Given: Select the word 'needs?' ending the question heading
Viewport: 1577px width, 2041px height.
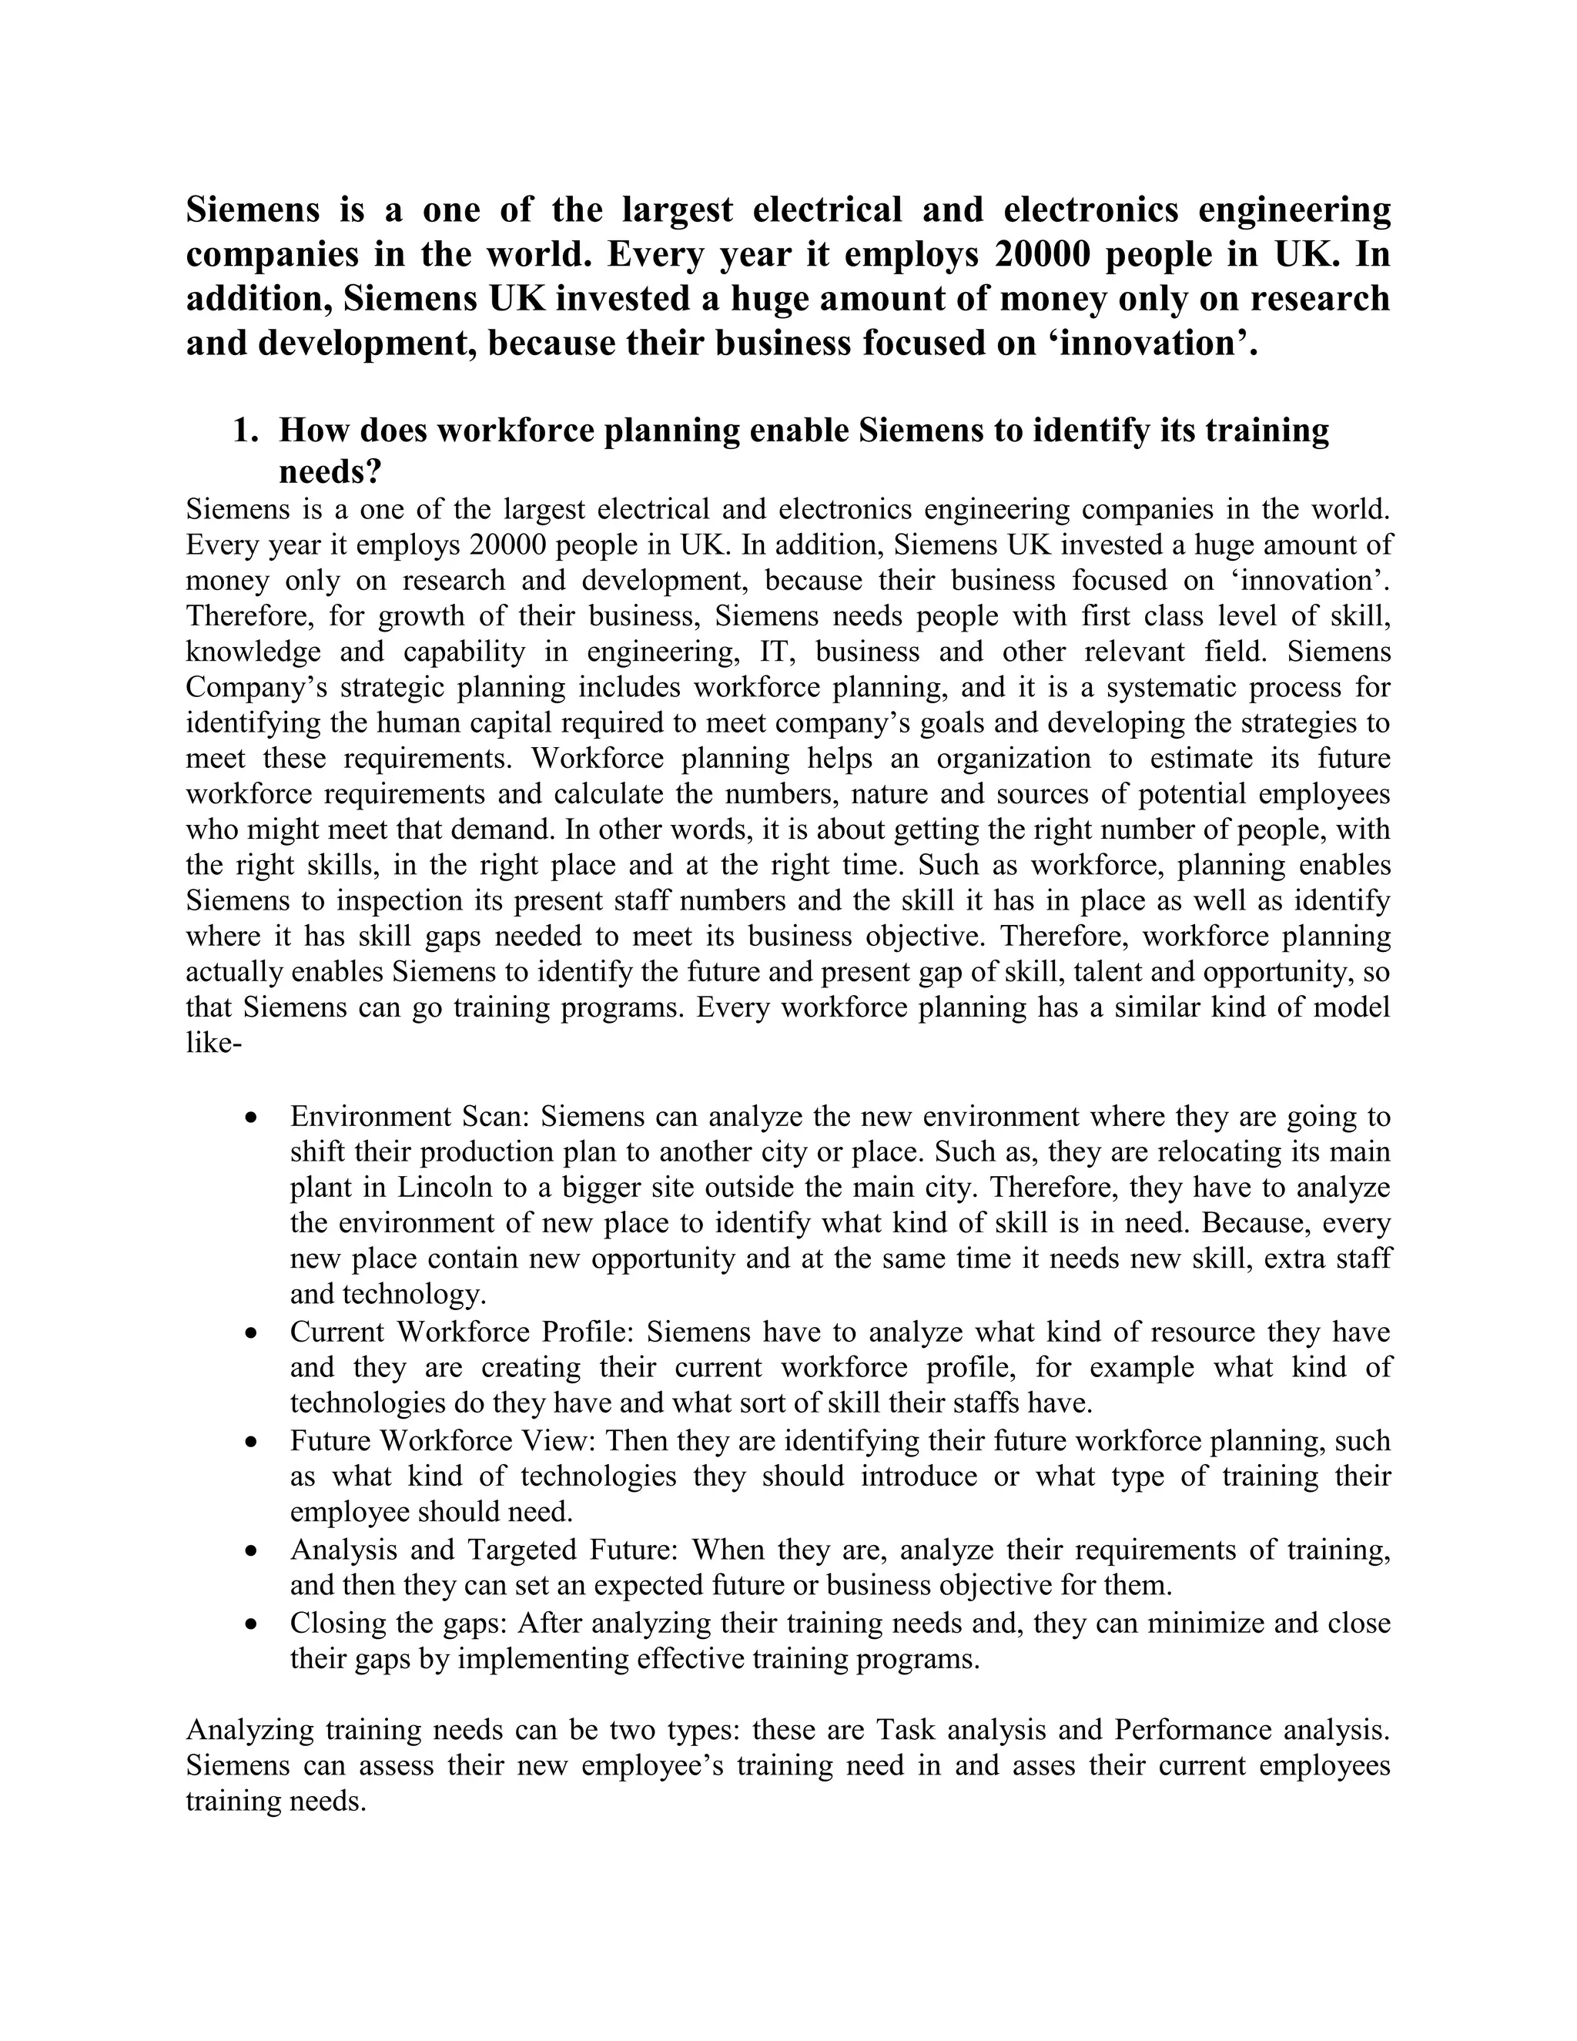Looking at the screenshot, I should tap(330, 472).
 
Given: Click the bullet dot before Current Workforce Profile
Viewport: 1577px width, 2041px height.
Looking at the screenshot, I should tap(250, 1333).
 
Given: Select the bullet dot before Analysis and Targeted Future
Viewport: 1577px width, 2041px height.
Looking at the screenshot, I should tap(250, 1551).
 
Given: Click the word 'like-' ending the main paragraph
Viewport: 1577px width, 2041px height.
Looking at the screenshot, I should tap(214, 1043).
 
